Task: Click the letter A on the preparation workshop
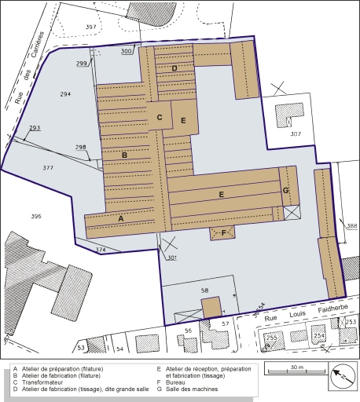point(121,217)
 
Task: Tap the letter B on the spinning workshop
point(124,155)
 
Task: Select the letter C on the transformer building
point(160,118)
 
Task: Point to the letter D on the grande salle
point(174,69)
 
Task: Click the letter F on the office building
point(225,232)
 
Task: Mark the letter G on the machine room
point(286,191)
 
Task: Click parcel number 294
point(65,94)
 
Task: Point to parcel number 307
point(296,134)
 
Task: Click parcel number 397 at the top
point(90,27)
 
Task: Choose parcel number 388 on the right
point(351,227)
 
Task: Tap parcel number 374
point(101,250)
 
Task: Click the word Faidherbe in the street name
point(329,309)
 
